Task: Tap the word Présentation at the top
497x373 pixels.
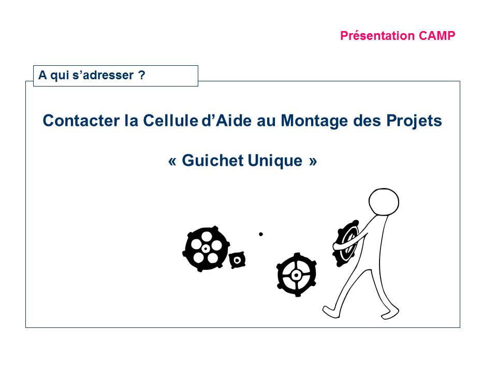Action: point(377,36)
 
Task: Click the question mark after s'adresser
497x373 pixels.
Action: point(141,75)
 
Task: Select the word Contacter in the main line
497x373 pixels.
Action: point(81,121)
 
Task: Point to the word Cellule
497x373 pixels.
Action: point(170,121)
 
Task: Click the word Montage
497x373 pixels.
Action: point(314,121)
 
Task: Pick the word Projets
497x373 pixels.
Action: point(414,121)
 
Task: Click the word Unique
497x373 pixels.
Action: point(275,161)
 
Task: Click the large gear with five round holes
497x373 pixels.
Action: point(206,249)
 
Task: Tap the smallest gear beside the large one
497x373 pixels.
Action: point(237,260)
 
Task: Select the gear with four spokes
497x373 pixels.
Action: point(296,275)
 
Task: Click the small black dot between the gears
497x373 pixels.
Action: point(261,234)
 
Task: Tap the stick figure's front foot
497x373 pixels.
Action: point(331,312)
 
